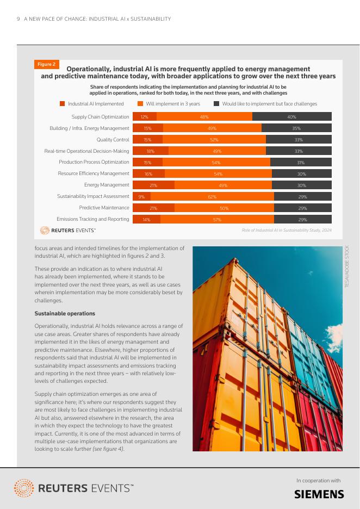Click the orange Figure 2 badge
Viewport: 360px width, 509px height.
coord(46,65)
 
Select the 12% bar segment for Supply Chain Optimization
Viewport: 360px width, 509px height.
coord(144,117)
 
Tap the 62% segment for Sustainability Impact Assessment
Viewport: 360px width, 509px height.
coord(212,197)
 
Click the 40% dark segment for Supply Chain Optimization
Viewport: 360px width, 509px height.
coord(292,117)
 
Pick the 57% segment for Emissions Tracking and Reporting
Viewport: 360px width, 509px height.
coord(217,220)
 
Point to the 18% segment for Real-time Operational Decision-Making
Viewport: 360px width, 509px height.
coord(151,151)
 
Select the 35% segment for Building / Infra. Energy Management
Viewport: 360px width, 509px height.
coord(296,128)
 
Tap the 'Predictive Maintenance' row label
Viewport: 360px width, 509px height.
coord(104,208)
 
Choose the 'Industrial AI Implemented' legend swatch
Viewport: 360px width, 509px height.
coord(62,104)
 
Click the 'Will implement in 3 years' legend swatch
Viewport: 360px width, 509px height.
coord(140,104)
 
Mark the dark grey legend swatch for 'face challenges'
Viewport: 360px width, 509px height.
coord(216,104)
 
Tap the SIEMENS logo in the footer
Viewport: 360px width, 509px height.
coord(319,494)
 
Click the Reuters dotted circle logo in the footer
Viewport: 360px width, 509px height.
coord(23,488)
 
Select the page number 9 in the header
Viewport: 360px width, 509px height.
coord(18,19)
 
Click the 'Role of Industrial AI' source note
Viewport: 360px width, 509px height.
coord(286,231)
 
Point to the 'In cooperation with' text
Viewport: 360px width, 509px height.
coord(318,480)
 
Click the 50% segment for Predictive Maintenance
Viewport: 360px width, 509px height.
coord(224,208)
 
